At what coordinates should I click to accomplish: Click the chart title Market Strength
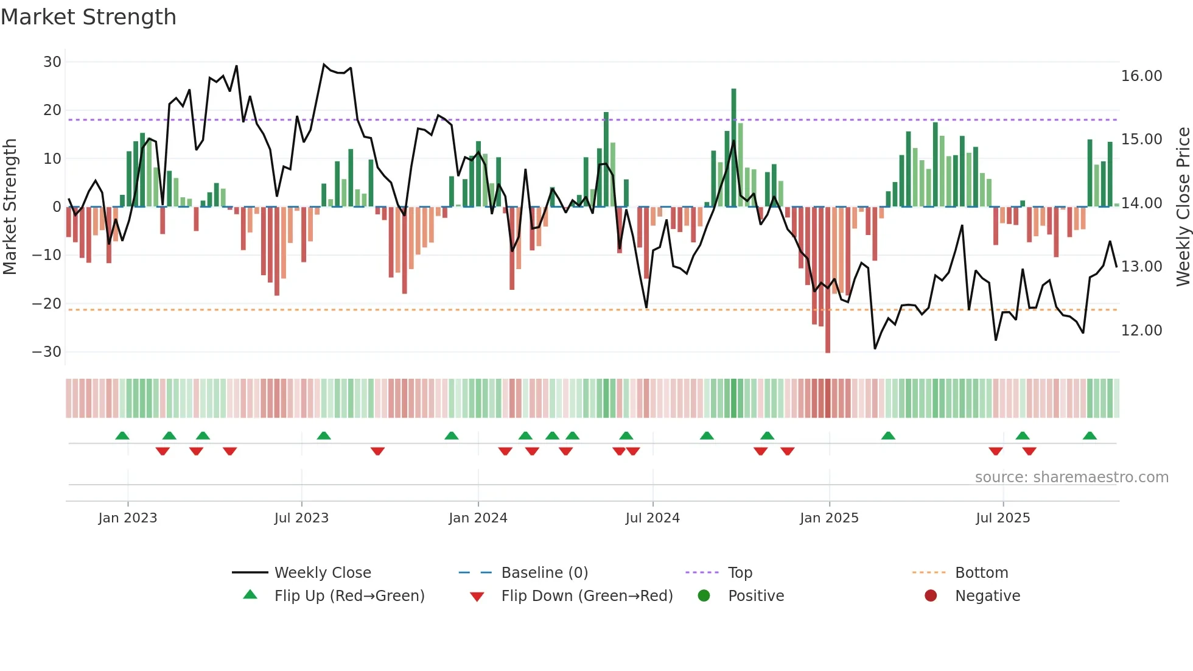(x=89, y=17)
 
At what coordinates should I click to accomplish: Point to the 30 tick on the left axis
(x=52, y=62)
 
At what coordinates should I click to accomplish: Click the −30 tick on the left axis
(x=47, y=352)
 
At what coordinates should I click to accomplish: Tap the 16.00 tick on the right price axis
(x=1141, y=76)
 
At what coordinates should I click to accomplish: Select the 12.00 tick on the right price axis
(x=1141, y=331)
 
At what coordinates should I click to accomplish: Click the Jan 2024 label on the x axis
(x=478, y=518)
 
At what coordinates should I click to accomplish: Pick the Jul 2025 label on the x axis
(x=1002, y=518)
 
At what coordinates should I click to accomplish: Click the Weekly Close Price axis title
(x=1183, y=207)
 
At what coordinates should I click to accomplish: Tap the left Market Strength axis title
(x=10, y=207)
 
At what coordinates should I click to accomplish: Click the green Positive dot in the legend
(x=704, y=596)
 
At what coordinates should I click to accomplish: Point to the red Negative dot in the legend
(x=931, y=596)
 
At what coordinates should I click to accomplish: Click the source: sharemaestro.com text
(x=1071, y=477)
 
